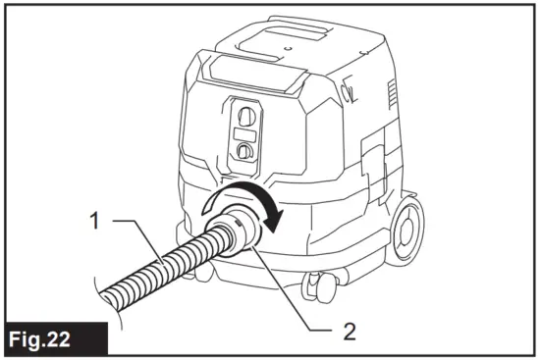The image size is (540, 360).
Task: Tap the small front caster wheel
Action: click(x=317, y=285)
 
